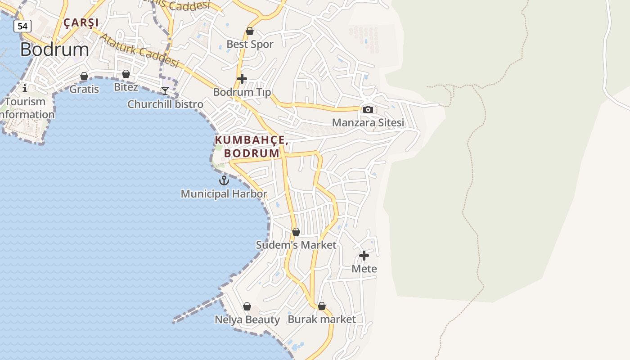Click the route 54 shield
click(x=22, y=26)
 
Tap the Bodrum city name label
click(x=54, y=49)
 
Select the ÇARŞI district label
click(x=81, y=22)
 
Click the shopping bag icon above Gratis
click(x=84, y=76)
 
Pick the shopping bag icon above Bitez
click(x=126, y=74)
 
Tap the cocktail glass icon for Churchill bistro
click(x=165, y=91)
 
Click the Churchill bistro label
click(x=165, y=104)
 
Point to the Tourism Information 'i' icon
click(x=25, y=88)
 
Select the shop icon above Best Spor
click(x=250, y=31)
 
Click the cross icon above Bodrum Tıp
click(x=242, y=79)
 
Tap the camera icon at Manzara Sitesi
click(x=368, y=109)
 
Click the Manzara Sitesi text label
click(x=368, y=122)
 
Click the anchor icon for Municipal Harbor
click(x=224, y=180)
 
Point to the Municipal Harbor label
click(x=224, y=194)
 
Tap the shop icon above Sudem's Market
click(x=296, y=232)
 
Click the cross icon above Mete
click(x=364, y=256)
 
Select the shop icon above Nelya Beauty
click(x=247, y=306)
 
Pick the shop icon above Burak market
click(x=322, y=306)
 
